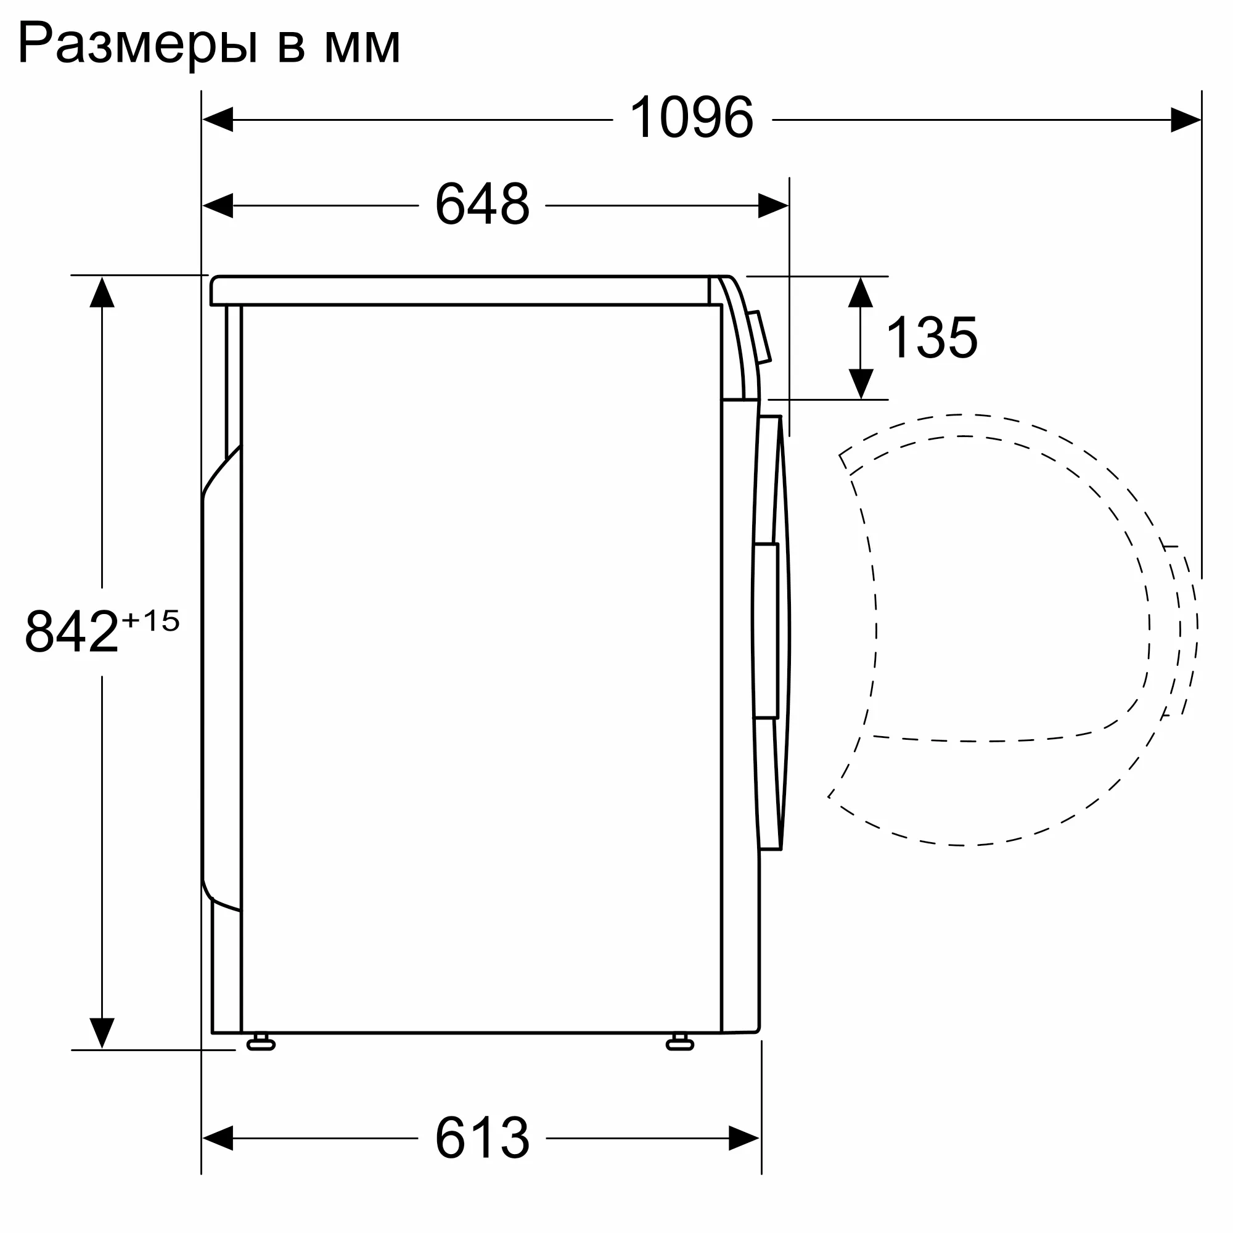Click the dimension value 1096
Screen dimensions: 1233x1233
click(x=691, y=119)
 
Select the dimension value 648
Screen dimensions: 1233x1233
click(x=482, y=205)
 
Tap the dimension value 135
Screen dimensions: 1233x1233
click(x=932, y=338)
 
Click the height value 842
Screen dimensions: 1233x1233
click(x=72, y=632)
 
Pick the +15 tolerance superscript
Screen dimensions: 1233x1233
click(x=150, y=621)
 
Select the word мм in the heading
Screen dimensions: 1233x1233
click(x=362, y=46)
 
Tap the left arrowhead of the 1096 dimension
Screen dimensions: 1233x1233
click(x=218, y=120)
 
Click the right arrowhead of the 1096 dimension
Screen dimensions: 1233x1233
click(x=1186, y=120)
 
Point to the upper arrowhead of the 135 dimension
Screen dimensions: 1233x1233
click(x=861, y=292)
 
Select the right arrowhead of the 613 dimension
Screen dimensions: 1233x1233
click(x=744, y=1156)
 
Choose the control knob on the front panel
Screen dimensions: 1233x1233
click(x=760, y=337)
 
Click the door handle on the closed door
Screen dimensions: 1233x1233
click(x=766, y=631)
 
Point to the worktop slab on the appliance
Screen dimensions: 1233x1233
click(x=459, y=290)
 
